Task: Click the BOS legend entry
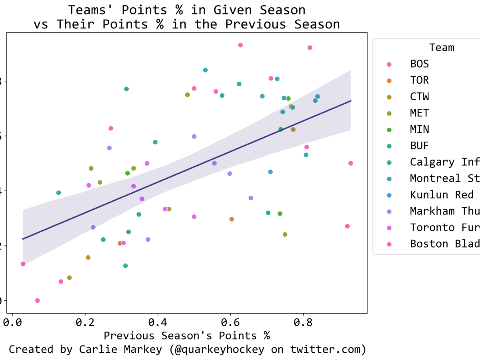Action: [419, 64]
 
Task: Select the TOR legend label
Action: [419, 80]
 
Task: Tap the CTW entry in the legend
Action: [419, 97]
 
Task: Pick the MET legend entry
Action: [419, 113]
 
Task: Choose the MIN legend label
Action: [419, 130]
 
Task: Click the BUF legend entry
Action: [419, 146]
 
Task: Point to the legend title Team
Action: [442, 48]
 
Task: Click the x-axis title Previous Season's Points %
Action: [187, 336]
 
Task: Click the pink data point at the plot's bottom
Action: [37, 300]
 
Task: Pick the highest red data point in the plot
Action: [240, 45]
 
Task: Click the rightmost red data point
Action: [350, 163]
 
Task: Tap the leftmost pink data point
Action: [23, 264]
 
